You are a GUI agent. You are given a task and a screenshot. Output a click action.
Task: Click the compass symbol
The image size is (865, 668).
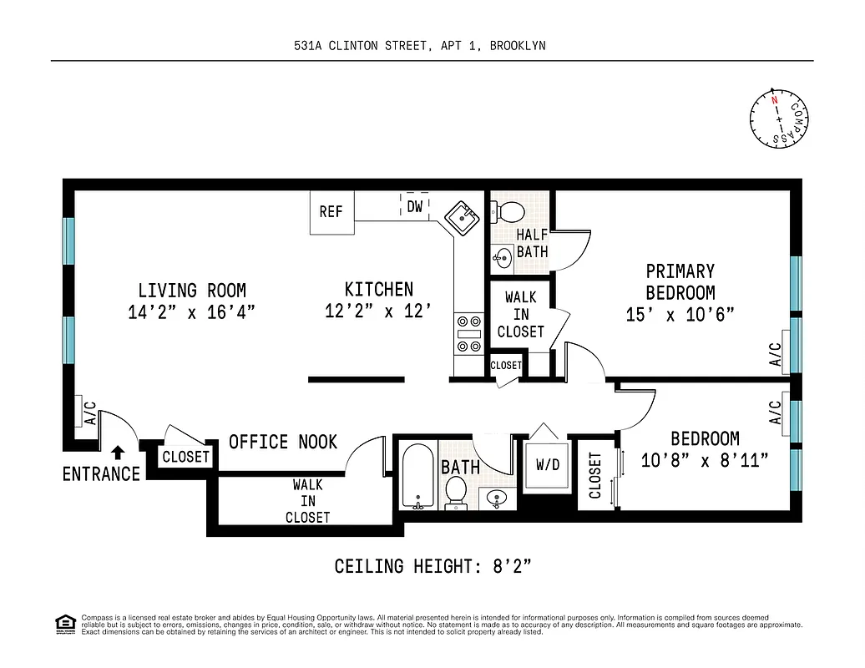click(778, 119)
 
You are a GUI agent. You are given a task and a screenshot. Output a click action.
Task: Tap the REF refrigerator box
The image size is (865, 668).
click(331, 212)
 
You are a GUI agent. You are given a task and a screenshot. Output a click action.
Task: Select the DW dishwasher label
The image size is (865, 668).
click(415, 206)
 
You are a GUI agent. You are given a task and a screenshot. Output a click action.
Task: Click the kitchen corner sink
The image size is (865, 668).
click(460, 219)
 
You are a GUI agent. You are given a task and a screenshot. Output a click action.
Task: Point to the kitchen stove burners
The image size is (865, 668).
click(468, 332)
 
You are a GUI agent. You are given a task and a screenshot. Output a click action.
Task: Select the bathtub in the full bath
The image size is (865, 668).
click(417, 478)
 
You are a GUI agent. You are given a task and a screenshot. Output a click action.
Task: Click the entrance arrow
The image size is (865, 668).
click(118, 452)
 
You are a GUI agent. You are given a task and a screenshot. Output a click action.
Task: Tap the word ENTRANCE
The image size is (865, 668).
click(101, 474)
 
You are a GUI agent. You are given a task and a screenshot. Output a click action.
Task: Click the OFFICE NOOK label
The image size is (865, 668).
click(283, 442)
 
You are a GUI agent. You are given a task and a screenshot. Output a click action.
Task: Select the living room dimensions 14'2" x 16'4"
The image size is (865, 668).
click(192, 311)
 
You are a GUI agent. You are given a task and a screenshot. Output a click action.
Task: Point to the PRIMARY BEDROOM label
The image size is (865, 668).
click(680, 281)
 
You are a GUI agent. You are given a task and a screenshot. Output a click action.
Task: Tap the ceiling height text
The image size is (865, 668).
click(432, 567)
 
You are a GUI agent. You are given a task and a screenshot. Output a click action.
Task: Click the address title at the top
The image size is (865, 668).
click(419, 46)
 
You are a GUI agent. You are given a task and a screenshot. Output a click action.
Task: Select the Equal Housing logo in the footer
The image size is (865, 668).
click(64, 623)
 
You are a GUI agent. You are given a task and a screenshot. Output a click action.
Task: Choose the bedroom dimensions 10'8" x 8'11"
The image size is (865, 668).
click(706, 460)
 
